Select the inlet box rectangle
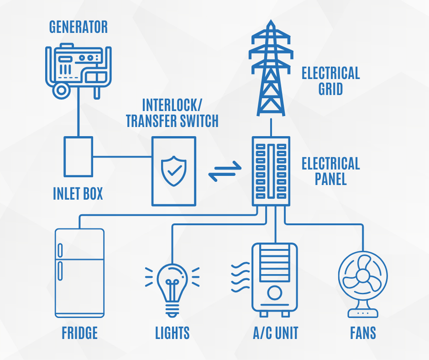pyautogui.click(x=78, y=157)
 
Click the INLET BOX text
pyautogui.click(x=78, y=194)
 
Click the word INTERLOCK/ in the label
pyautogui.click(x=172, y=105)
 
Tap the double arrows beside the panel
pyautogui.click(x=224, y=171)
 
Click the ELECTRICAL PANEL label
pyautogui.click(x=330, y=171)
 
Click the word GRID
pyautogui.click(x=330, y=89)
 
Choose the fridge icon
pyautogui.click(x=79, y=273)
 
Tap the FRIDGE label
pyautogui.click(x=79, y=333)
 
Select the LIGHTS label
pyautogui.click(x=172, y=333)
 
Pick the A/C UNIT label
pyautogui.click(x=275, y=333)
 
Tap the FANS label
pyautogui.click(x=363, y=333)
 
